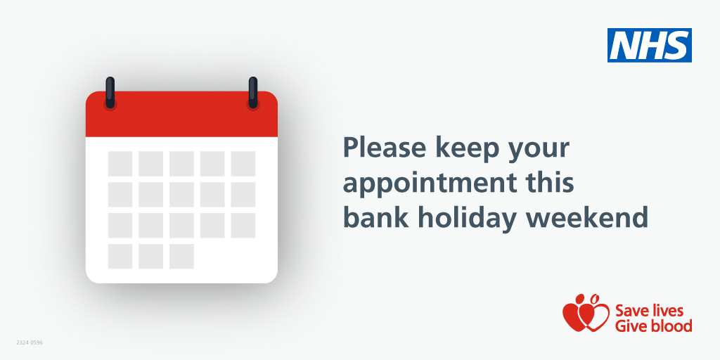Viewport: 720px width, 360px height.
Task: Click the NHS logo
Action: point(649,45)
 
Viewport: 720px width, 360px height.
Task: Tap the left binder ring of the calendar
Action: point(110,92)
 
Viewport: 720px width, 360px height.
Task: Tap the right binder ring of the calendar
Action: point(253,92)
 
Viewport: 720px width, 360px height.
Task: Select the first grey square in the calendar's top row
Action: point(120,164)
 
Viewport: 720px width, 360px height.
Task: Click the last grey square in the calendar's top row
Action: point(243,164)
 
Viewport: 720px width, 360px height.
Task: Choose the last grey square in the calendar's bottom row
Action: point(181,256)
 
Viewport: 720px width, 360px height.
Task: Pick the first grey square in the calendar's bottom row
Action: point(120,256)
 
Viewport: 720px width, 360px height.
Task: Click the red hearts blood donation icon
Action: point(585,314)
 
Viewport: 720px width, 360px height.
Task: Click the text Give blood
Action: point(653,326)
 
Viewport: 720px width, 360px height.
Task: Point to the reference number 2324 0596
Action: point(30,342)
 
